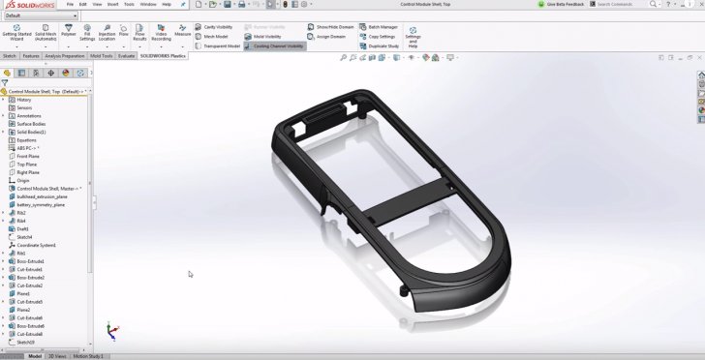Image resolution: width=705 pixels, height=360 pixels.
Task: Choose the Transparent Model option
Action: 218,45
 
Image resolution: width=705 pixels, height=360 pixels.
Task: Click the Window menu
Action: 147,4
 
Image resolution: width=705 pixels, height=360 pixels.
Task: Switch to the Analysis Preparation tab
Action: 65,56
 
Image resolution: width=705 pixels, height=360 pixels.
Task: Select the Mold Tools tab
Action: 101,56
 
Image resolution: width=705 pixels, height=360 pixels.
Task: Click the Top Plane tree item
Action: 27,164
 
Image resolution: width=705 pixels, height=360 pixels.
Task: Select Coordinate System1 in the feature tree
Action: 36,245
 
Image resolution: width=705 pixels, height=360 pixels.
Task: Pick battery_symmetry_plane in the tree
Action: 41,204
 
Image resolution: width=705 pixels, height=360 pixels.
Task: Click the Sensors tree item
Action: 24,107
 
